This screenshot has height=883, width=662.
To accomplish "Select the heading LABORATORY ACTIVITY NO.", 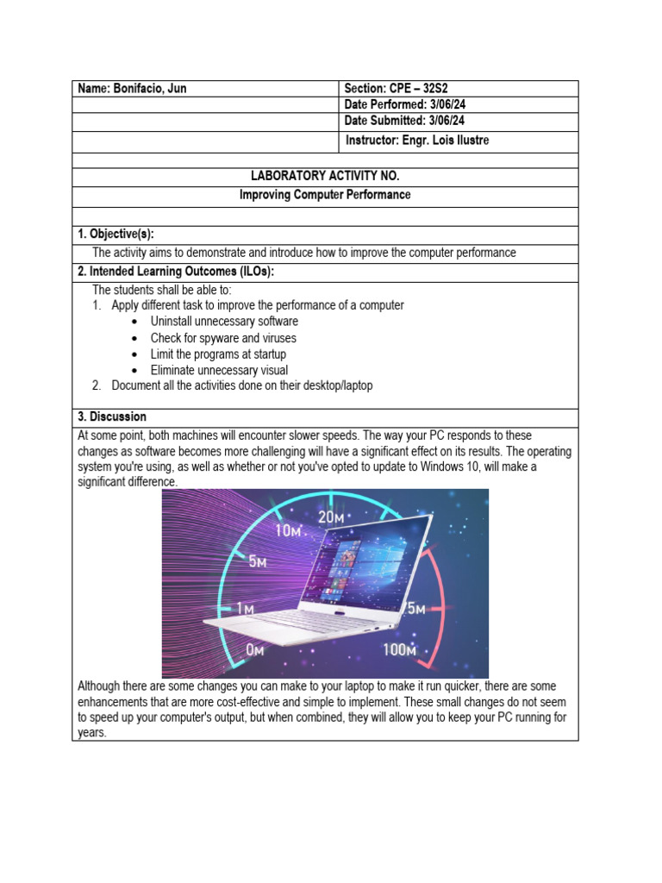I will tap(325, 176).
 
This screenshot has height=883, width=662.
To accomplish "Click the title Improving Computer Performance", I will tap(325, 195).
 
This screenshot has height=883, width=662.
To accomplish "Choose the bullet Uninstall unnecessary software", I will tap(224, 322).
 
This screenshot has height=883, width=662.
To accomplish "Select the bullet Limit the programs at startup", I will tap(218, 354).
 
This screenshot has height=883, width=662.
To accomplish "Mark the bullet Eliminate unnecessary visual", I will tap(219, 371).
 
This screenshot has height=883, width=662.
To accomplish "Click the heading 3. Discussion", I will tap(112, 416).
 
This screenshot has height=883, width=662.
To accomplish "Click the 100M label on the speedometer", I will tap(400, 649).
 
